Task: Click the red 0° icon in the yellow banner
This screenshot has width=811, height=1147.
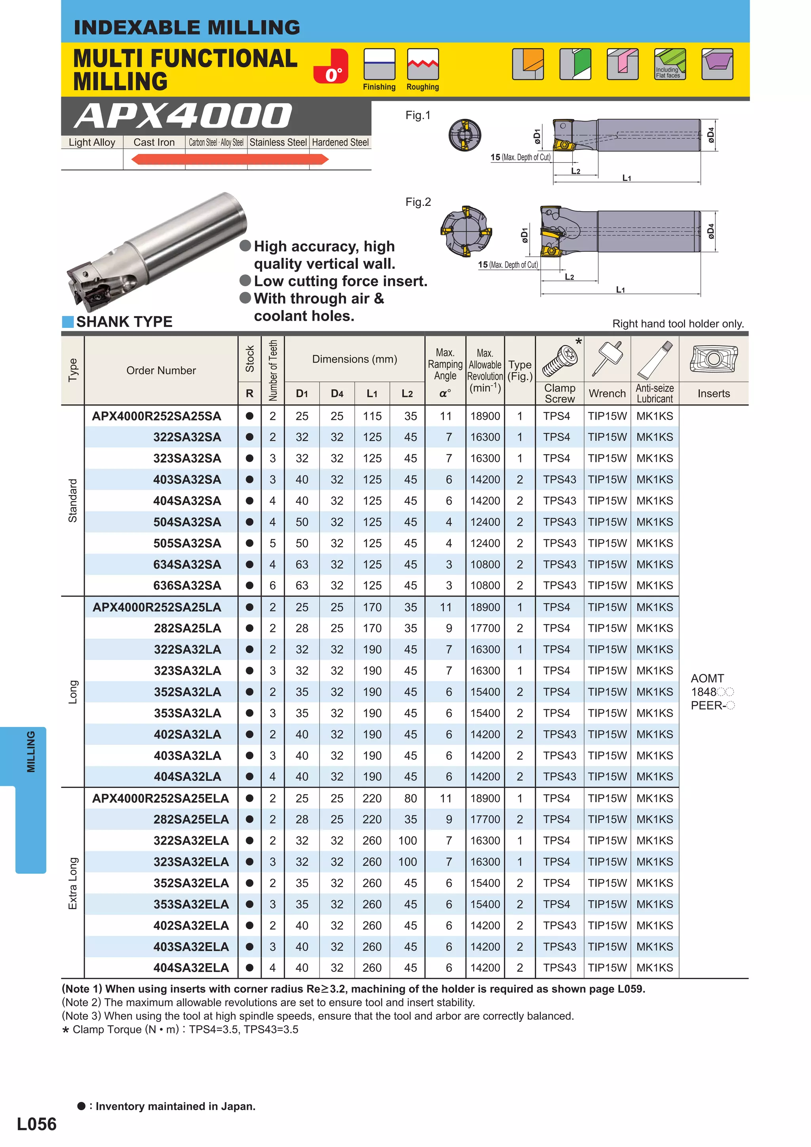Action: click(x=330, y=66)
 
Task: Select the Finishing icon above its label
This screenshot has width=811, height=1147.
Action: click(x=379, y=64)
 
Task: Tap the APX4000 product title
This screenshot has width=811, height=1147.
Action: click(x=183, y=116)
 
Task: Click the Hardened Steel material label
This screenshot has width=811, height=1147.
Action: click(x=340, y=143)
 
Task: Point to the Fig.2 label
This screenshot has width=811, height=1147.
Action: click(x=418, y=202)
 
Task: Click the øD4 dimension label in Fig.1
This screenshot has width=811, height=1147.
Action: click(x=711, y=135)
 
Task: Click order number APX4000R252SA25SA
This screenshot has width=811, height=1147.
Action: click(x=156, y=416)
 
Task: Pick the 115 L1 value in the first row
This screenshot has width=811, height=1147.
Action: click(x=372, y=416)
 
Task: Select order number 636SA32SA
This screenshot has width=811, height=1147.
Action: click(x=187, y=586)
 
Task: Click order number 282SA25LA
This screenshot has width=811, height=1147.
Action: click(x=187, y=628)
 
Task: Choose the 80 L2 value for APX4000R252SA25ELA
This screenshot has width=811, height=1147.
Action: click(x=410, y=798)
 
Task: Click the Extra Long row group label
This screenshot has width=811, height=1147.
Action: click(x=73, y=883)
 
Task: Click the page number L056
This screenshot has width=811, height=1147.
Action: click(x=36, y=1124)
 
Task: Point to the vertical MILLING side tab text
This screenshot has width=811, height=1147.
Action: click(x=31, y=751)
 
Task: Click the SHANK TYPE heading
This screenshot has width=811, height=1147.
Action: click(x=124, y=322)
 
